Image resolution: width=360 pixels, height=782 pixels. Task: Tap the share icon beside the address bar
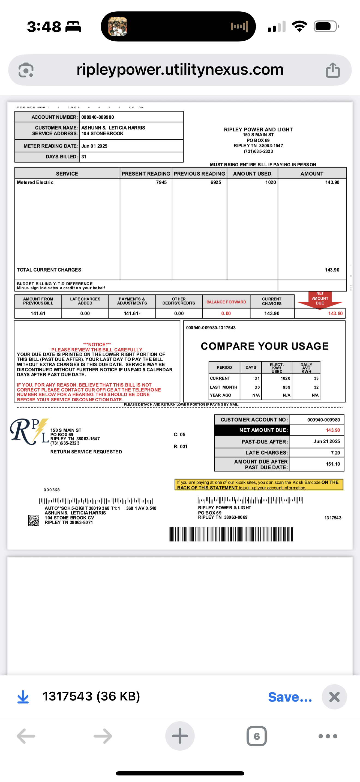[333, 70]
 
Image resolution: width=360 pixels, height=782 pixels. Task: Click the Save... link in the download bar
[290, 697]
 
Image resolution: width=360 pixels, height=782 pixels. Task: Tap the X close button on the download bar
[334, 697]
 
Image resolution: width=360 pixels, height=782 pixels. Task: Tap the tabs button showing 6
[256, 736]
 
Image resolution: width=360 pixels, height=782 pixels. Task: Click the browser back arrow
[26, 736]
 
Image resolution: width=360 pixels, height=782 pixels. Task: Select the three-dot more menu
[328, 736]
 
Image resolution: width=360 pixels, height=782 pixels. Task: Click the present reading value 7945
[161, 182]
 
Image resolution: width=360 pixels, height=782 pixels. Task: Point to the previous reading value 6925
[215, 182]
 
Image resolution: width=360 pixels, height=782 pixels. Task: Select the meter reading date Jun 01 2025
[94, 146]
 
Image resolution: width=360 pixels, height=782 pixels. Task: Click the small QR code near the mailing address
[34, 520]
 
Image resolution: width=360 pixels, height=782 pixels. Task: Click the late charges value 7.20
[335, 453]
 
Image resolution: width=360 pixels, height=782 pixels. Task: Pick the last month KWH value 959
[286, 387]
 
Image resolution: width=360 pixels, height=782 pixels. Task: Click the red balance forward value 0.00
[226, 313]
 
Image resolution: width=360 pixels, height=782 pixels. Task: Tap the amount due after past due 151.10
[333, 464]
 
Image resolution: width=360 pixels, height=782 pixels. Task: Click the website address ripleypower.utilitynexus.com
[180, 70]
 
